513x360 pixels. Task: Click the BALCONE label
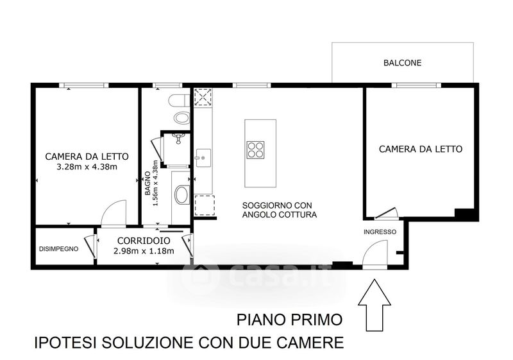(403, 63)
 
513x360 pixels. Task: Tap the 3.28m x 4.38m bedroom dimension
(87, 167)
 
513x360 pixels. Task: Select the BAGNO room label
(148, 184)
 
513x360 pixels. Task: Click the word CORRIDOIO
(144, 241)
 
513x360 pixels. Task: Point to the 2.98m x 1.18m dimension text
(144, 251)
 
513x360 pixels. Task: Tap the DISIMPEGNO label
(58, 249)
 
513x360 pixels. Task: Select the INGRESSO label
(380, 232)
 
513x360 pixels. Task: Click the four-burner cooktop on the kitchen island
(255, 150)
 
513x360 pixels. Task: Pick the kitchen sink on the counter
(203, 159)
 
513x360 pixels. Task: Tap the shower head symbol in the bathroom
(178, 139)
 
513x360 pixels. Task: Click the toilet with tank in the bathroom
(180, 100)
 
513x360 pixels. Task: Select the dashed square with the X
(203, 97)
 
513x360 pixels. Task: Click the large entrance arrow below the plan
(374, 305)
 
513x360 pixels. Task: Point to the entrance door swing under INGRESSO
(375, 254)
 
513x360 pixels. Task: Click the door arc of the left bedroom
(114, 213)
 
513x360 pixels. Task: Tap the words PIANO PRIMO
(290, 320)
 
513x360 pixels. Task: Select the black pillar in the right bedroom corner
(464, 213)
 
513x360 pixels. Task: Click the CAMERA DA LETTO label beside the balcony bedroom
(421, 150)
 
